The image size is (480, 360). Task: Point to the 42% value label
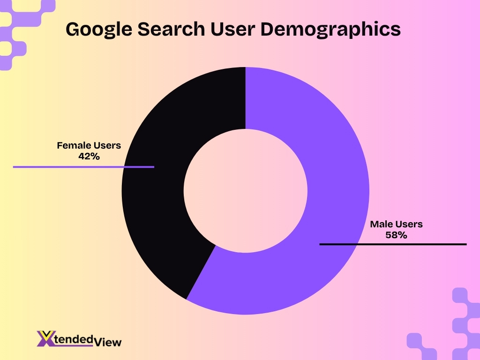[89, 157]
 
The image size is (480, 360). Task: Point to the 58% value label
[396, 235]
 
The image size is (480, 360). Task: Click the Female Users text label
[89, 146]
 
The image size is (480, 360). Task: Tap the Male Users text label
[396, 225]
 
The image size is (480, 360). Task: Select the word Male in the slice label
[381, 225]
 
